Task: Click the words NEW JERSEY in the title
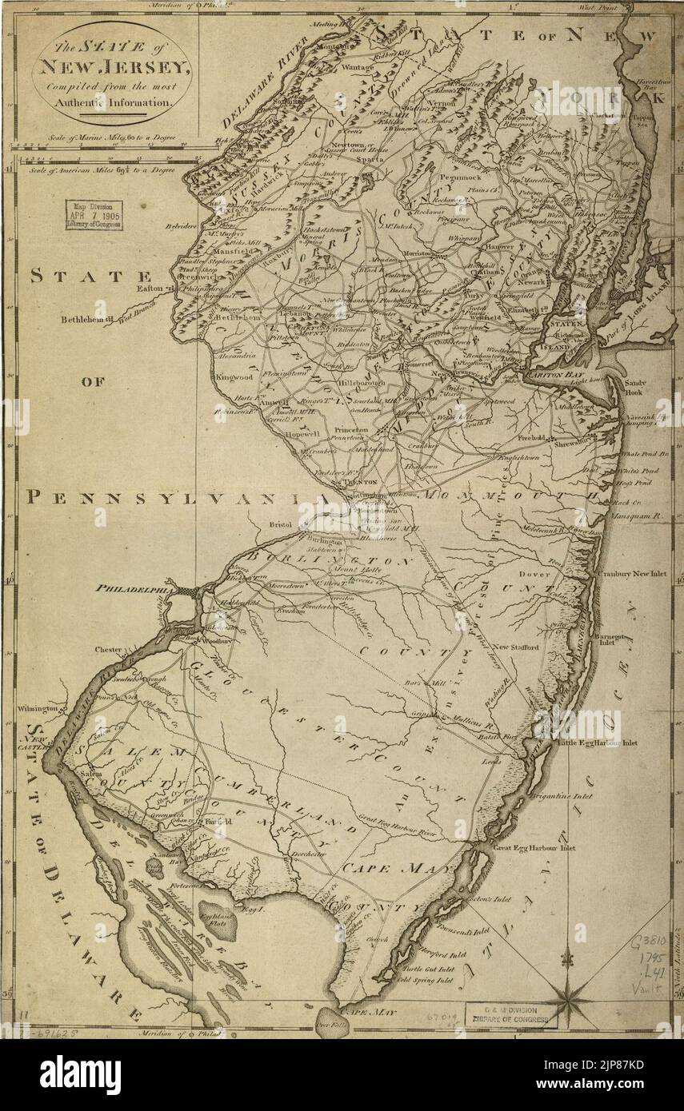pyautogui.click(x=111, y=70)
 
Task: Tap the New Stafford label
pyautogui.click(x=515, y=647)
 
